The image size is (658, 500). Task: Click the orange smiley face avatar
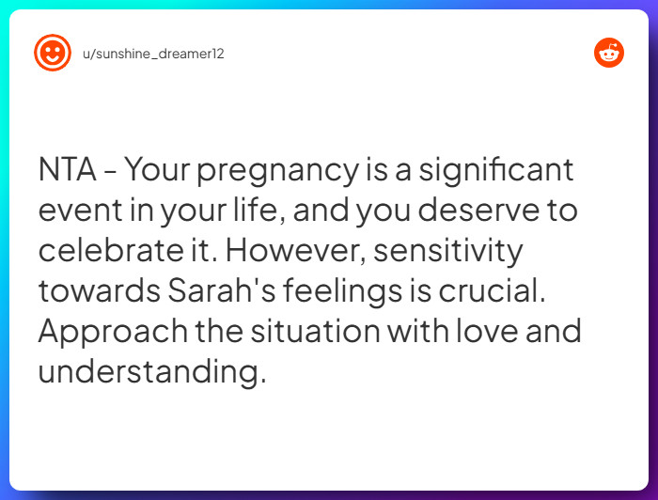pos(53,53)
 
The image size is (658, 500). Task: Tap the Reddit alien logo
pos(609,53)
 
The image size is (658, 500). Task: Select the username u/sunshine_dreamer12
pos(153,54)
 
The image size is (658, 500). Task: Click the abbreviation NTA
pos(69,171)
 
